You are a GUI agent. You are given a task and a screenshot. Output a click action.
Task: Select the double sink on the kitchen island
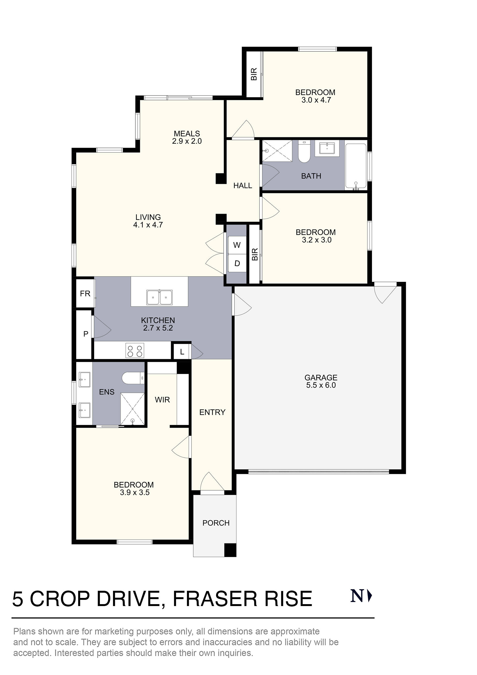coord(160,297)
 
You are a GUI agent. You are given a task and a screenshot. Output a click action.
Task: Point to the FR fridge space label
coord(85,293)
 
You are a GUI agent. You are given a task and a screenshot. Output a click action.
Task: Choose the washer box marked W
coord(237,245)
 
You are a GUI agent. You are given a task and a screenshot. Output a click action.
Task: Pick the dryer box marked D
coord(237,263)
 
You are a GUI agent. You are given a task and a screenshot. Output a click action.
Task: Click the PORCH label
coord(216,523)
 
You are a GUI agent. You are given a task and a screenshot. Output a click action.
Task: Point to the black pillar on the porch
coord(230,550)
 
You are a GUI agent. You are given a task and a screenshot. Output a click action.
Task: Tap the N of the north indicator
coord(357,596)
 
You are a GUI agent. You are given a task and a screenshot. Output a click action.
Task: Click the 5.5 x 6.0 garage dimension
coord(321,385)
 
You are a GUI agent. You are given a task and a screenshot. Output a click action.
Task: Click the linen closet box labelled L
coord(182,352)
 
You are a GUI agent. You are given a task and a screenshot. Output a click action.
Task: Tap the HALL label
coord(243,185)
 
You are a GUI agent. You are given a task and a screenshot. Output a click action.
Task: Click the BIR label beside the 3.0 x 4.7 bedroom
coord(254,74)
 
